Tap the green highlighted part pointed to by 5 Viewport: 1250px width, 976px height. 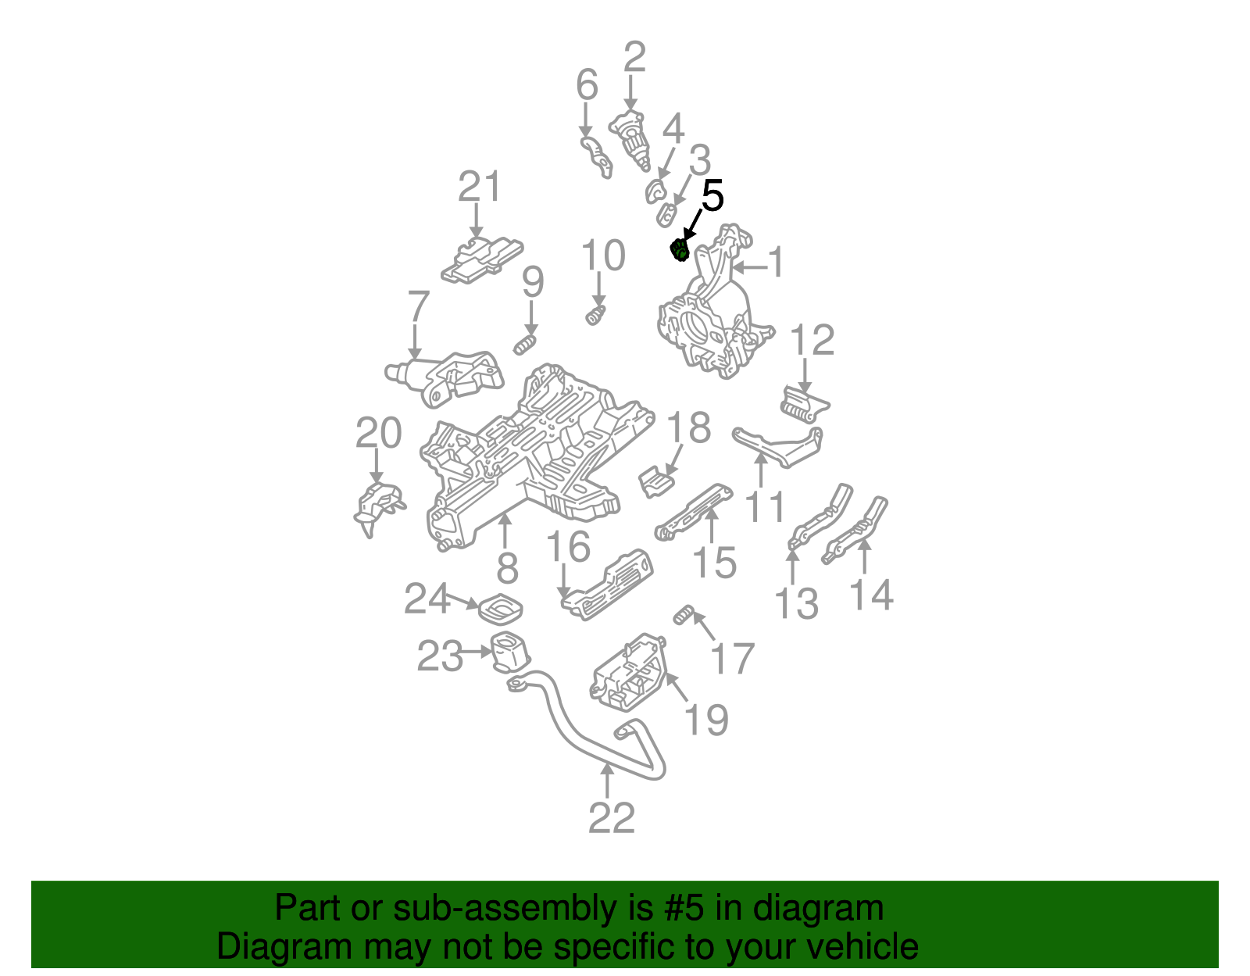(x=680, y=250)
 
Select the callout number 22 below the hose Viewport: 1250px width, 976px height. (x=611, y=818)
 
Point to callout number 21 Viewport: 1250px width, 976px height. (x=478, y=188)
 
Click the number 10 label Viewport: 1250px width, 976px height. (x=603, y=256)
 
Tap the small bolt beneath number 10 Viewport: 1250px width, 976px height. (x=595, y=316)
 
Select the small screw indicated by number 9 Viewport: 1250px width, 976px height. (x=525, y=344)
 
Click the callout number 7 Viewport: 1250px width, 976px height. (x=419, y=306)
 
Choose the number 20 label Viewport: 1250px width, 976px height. (x=378, y=433)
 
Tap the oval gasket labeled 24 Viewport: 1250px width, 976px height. (x=500, y=609)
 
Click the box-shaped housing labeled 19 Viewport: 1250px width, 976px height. (x=629, y=674)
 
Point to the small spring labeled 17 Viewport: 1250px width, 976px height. (x=684, y=615)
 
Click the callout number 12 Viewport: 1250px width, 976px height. (x=812, y=341)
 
